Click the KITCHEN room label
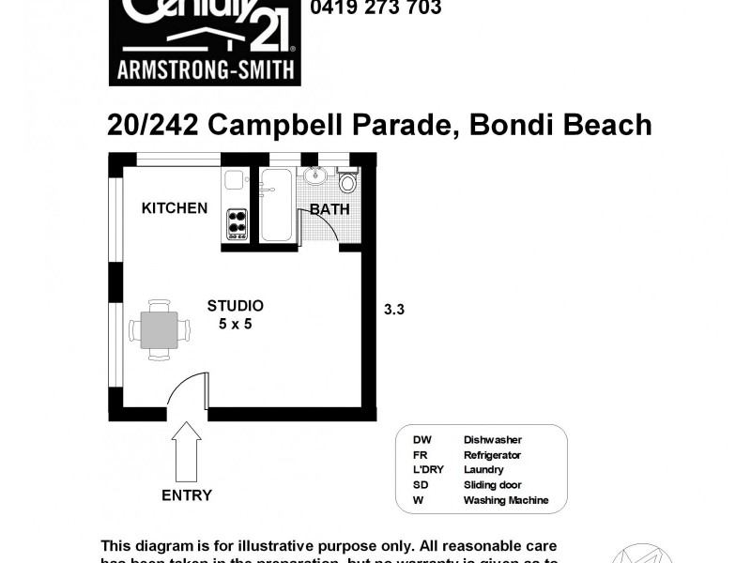(x=175, y=207)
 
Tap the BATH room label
(x=330, y=209)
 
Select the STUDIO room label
(x=235, y=306)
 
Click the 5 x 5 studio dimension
(x=235, y=324)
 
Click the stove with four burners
(x=237, y=223)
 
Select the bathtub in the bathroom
(x=276, y=205)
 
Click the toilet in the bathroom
(x=347, y=181)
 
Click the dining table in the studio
(x=159, y=329)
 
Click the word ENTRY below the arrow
(x=187, y=495)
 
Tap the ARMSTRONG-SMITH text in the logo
(x=205, y=68)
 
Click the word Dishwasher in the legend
(x=492, y=439)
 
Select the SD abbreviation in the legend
(x=420, y=485)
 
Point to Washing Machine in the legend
(x=505, y=500)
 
